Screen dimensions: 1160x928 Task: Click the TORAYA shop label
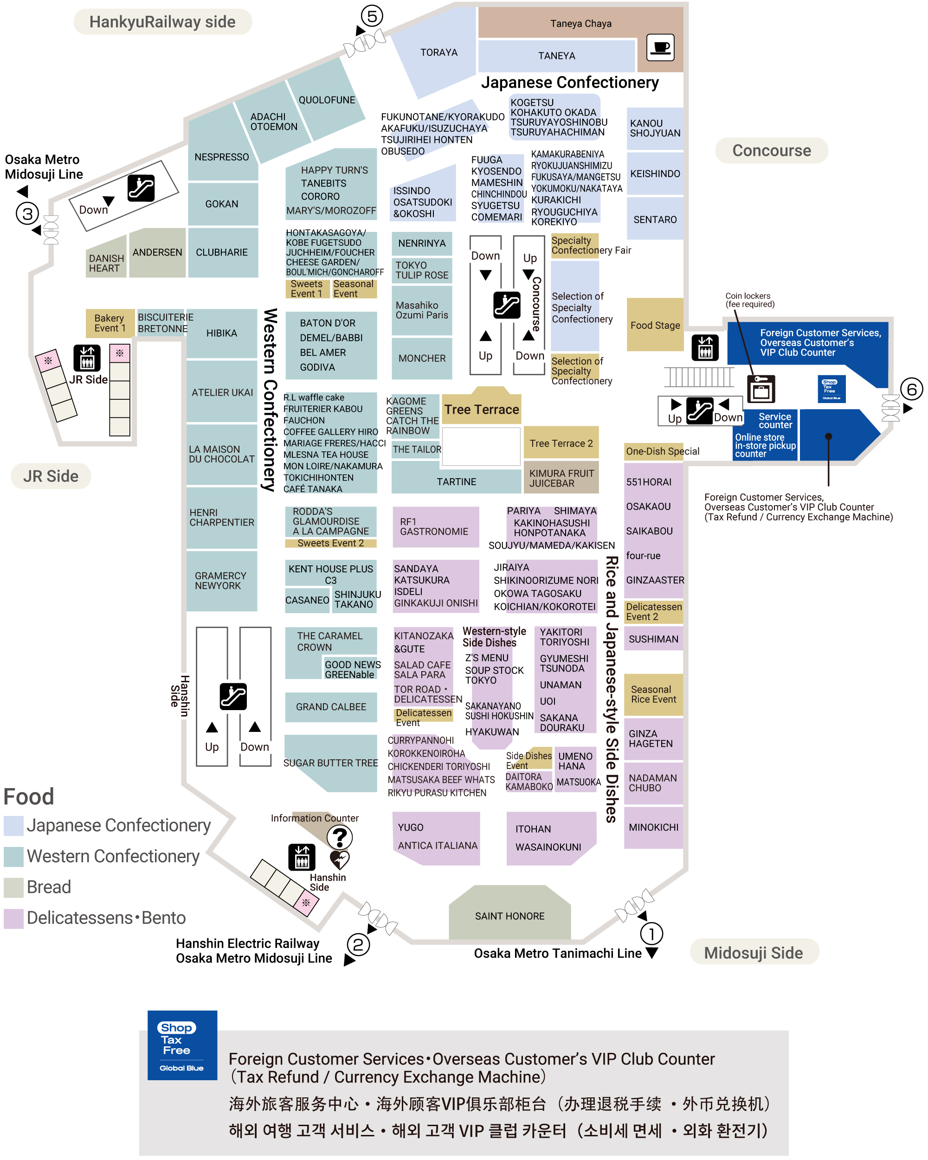(x=438, y=52)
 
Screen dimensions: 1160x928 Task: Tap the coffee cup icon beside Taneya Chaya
(x=660, y=47)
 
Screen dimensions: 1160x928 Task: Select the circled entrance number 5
(x=372, y=16)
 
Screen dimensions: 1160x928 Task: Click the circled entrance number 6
(x=911, y=389)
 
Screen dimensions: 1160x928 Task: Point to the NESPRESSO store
(x=222, y=157)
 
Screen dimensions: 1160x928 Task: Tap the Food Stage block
(x=655, y=325)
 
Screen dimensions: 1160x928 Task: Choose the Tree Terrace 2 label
(x=561, y=443)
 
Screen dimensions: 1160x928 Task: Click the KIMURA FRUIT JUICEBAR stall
(x=561, y=478)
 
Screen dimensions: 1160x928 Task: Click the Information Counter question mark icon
(x=340, y=837)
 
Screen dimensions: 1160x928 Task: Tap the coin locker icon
(x=761, y=389)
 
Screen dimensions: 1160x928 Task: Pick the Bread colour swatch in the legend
(x=13, y=887)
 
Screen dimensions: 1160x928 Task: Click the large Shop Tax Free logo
(x=182, y=1045)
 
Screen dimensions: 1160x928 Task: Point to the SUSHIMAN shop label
(x=653, y=639)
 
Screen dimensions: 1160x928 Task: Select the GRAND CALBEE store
(x=330, y=707)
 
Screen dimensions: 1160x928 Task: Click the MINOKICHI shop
(x=653, y=827)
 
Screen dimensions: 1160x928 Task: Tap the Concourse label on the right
(x=771, y=151)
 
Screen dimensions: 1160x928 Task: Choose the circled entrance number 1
(x=651, y=934)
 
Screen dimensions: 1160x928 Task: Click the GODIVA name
(x=317, y=367)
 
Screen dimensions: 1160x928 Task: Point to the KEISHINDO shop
(x=655, y=174)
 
